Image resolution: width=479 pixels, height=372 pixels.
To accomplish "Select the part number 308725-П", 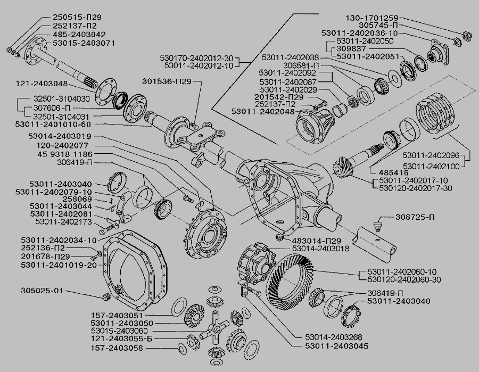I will (x=417, y=218).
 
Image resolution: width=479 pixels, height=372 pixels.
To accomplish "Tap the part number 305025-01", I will (x=42, y=291).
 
